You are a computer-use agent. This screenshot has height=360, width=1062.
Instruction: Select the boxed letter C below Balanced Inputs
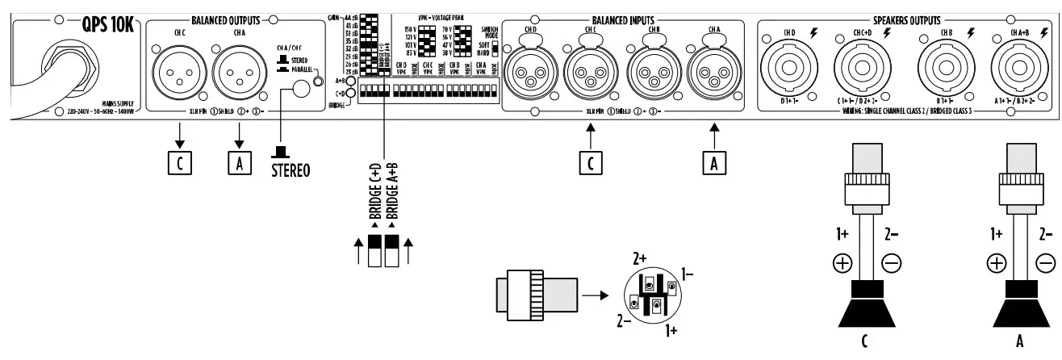tap(592, 161)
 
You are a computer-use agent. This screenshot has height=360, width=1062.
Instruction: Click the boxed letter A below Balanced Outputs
tap(236, 161)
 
